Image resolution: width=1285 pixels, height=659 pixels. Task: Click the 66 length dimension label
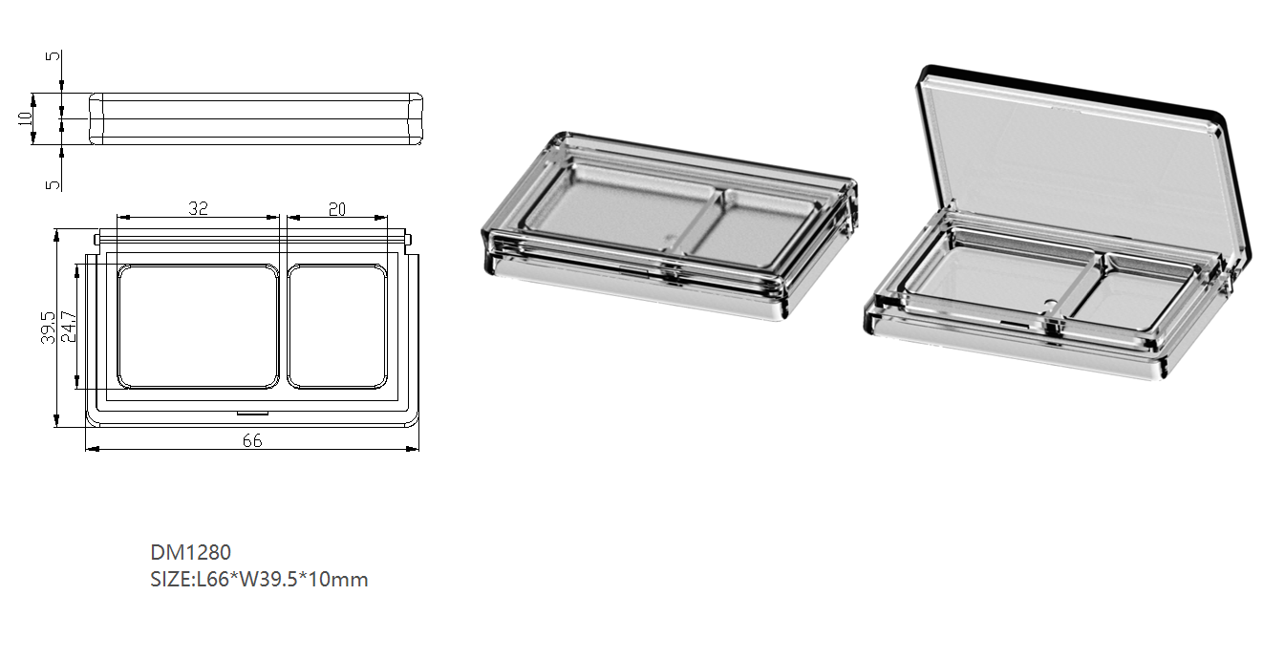(x=252, y=440)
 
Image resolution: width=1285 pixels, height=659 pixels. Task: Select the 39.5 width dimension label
(x=48, y=328)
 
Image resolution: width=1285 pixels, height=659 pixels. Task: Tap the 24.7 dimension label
(x=68, y=327)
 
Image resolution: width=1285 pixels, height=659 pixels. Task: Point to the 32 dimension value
(x=198, y=208)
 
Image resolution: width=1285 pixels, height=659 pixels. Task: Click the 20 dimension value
(x=337, y=209)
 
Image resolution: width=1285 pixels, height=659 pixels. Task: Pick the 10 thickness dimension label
(x=25, y=118)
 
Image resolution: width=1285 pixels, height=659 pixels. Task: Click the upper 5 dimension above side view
(x=53, y=55)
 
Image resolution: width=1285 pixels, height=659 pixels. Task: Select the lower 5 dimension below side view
(x=53, y=184)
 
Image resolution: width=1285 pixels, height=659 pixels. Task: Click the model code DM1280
(x=190, y=552)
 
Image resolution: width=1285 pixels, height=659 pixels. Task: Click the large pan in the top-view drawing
(x=198, y=327)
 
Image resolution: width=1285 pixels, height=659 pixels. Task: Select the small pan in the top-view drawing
(x=337, y=327)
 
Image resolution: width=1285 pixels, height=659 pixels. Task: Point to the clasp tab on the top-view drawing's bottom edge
(x=252, y=413)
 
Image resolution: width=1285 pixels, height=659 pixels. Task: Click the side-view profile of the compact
(x=256, y=118)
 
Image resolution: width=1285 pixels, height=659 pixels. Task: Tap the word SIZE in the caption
(x=170, y=580)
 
